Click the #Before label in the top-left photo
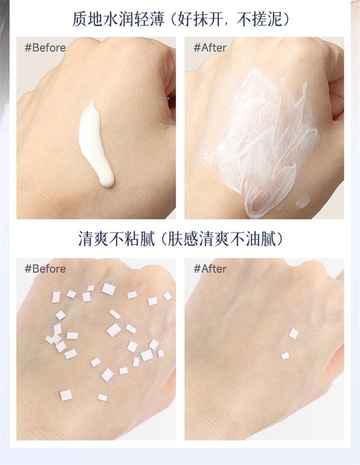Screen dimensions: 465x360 [45, 47]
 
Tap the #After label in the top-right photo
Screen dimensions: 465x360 [210, 47]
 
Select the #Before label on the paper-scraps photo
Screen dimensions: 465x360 [45, 269]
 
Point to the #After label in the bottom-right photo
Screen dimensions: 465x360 [210, 269]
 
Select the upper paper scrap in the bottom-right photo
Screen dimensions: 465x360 [294, 334]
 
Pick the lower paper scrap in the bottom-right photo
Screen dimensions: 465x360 [285, 356]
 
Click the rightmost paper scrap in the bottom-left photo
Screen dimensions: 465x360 [168, 296]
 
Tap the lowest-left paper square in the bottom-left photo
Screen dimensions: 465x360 [66, 395]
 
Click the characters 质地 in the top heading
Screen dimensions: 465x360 [86, 19]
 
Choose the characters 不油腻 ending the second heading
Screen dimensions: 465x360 [250, 239]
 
